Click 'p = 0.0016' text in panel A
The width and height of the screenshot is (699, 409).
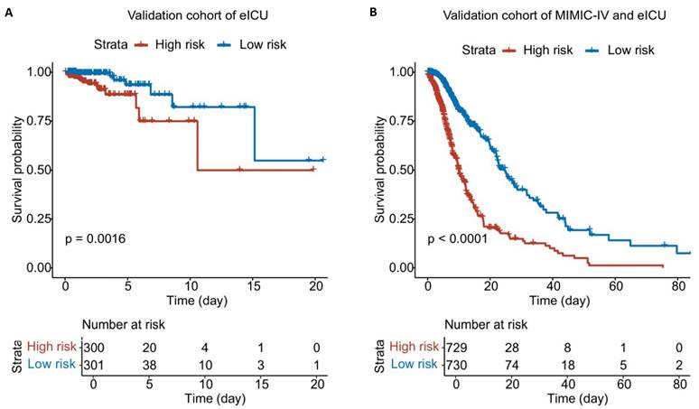click(x=95, y=238)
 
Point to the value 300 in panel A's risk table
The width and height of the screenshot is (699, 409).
click(x=93, y=348)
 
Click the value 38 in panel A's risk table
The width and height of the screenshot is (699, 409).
click(x=150, y=364)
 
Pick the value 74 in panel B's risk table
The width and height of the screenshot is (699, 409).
click(x=519, y=364)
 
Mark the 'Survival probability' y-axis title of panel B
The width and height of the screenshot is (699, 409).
click(x=380, y=168)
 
